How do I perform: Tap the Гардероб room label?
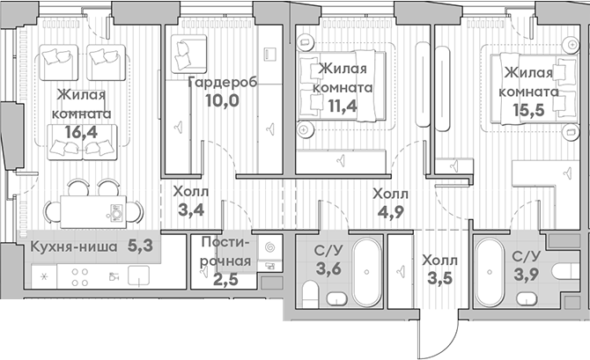pyautogui.click(x=222, y=82)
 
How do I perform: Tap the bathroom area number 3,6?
pyautogui.click(x=328, y=267)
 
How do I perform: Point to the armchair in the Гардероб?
pyautogui.click(x=188, y=55)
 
